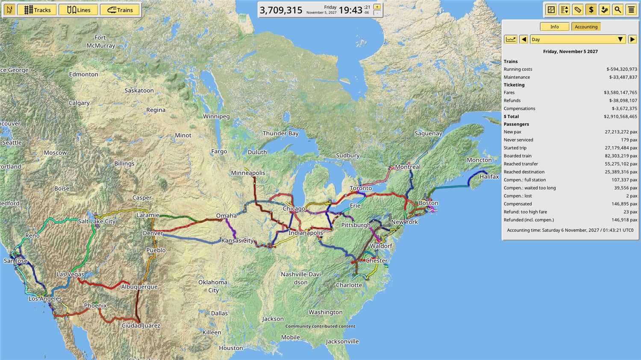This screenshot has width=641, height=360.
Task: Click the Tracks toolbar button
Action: point(37,10)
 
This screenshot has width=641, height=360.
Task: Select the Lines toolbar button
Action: point(79,10)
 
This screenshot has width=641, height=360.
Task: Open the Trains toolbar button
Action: point(120,10)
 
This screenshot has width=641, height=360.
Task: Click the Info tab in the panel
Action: point(554,26)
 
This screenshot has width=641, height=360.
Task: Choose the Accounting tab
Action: point(586,26)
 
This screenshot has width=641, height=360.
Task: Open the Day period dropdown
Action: point(578,39)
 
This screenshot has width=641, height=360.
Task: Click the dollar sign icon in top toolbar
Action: point(591,9)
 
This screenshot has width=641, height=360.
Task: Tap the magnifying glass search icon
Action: point(617,9)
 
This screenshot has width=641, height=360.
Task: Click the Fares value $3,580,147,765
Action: point(620,93)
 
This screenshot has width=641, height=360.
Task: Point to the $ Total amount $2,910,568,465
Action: point(620,117)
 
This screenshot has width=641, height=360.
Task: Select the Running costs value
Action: point(621,69)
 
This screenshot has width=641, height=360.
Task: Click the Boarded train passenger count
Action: point(620,156)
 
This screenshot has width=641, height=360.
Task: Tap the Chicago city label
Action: point(294,209)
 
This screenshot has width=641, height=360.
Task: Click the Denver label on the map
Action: point(153,233)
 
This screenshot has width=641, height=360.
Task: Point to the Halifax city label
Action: point(489,176)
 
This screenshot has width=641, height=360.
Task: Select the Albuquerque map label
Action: point(139,287)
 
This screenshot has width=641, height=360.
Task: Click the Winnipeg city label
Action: point(216,116)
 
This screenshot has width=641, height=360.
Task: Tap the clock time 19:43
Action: point(350,10)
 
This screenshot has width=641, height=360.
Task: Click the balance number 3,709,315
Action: point(281,10)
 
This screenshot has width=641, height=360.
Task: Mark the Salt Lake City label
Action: point(97,221)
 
